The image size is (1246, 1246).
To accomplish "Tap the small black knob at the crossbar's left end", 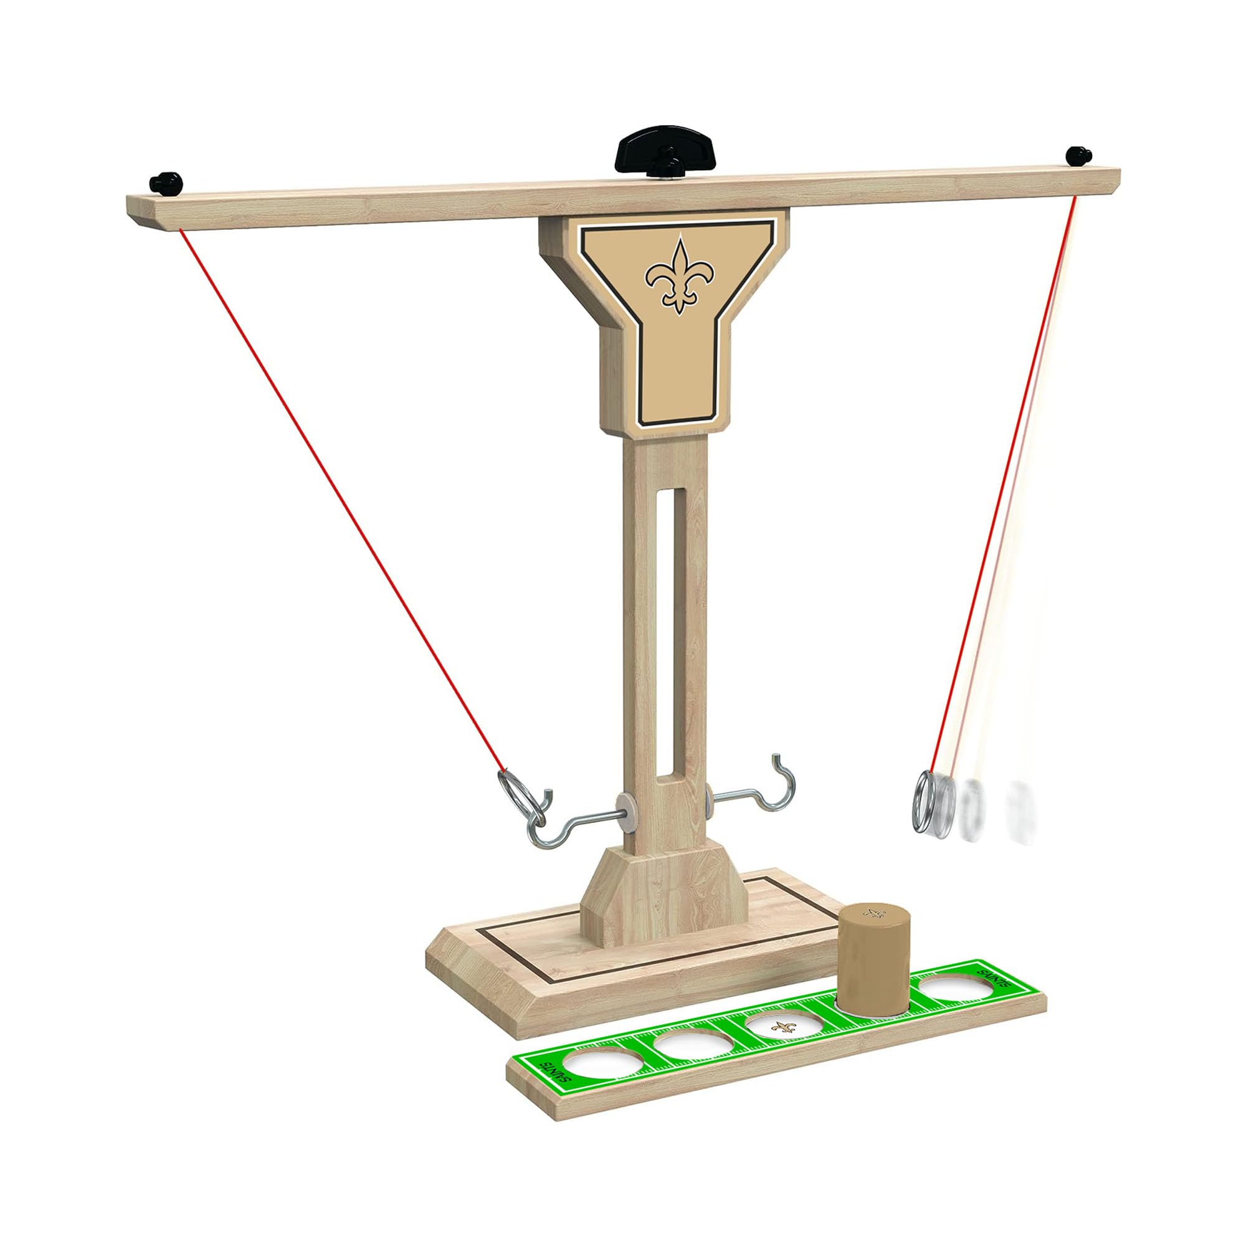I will tap(164, 183).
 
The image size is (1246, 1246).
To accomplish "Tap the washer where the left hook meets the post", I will tap(624, 809).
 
